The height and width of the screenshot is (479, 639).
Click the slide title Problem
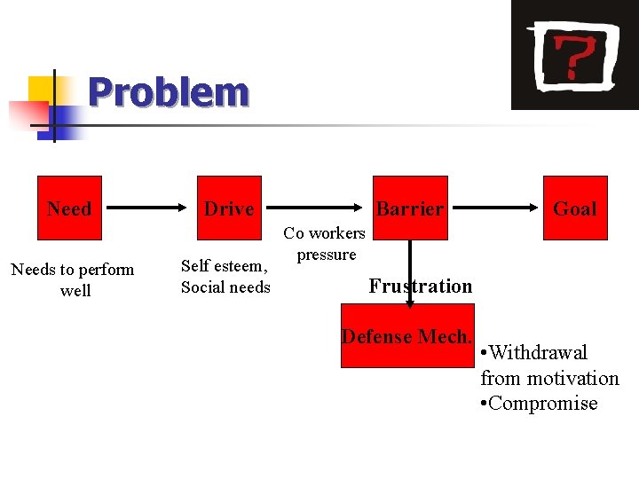(169, 92)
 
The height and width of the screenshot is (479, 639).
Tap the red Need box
(68, 208)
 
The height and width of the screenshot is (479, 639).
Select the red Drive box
(229, 208)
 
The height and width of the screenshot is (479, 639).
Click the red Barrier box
(409, 208)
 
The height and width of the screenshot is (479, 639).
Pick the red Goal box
(575, 208)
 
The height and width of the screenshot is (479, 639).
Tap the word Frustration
(421, 286)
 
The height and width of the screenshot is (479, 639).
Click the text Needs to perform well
(73, 279)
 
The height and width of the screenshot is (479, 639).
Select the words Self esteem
(223, 265)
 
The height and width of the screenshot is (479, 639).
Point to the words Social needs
(225, 287)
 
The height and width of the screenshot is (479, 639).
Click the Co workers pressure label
(325, 244)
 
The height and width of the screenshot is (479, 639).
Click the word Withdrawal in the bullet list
(538, 353)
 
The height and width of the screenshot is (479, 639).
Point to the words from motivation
(549, 378)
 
